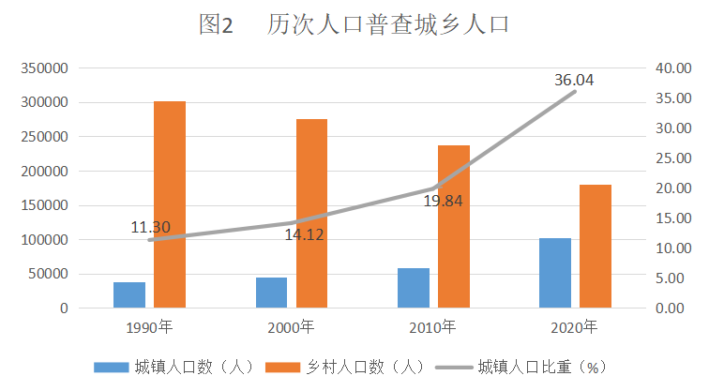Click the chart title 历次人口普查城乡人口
tap(387, 24)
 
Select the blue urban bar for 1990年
tap(129, 295)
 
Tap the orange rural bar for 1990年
tap(170, 204)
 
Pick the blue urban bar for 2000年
tap(271, 293)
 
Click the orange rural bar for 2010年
tap(454, 227)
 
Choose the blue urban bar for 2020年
tap(555, 273)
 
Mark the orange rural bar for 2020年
tap(596, 247)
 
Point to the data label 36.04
tap(574, 80)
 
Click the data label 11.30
tap(151, 227)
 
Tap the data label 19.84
tap(443, 202)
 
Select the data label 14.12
tap(304, 234)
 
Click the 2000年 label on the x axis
tap(291, 327)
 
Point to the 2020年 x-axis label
tap(574, 327)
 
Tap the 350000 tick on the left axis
tap(44, 68)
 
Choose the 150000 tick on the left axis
tap(44, 205)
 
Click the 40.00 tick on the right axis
tap(673, 68)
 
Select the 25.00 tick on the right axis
tap(673, 158)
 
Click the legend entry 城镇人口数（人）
tap(174, 367)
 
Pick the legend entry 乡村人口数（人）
tap(345, 367)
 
